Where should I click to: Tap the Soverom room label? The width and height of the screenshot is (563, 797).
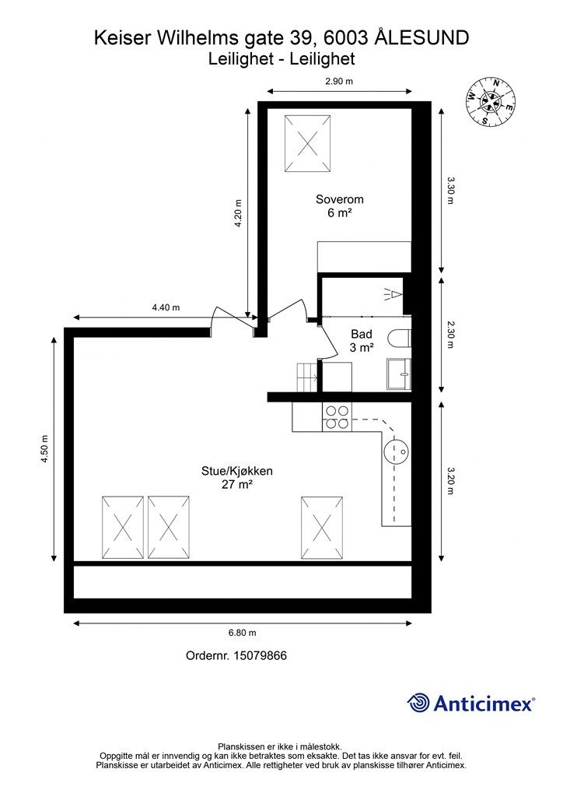coord(340,205)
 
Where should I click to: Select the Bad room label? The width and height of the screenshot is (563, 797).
coord(362,341)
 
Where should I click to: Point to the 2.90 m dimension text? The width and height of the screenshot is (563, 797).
coord(338,82)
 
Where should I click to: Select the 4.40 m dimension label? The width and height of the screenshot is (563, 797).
coord(165,307)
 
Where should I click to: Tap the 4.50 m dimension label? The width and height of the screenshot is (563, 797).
coord(45,449)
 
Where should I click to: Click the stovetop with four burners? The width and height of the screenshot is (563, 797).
coord(337,418)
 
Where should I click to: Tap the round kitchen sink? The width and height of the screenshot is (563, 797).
coord(398,451)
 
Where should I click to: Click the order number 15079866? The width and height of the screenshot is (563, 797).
coord(236,655)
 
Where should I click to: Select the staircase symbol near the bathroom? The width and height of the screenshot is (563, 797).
coord(308,377)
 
